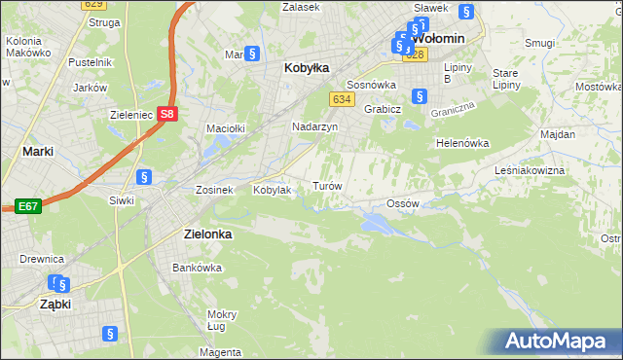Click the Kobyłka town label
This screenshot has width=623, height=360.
(306, 68)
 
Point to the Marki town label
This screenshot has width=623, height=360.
(37, 151)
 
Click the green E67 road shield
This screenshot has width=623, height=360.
(26, 206)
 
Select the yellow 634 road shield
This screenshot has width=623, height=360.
(341, 99)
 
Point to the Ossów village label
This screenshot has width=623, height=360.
(402, 203)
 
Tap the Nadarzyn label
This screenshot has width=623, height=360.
(314, 126)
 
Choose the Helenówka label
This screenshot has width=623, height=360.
(461, 143)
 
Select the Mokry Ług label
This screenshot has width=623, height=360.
(222, 319)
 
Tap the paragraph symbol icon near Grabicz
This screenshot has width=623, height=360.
(419, 95)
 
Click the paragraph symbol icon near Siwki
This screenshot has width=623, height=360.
(144, 177)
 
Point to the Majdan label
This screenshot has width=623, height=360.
(557, 133)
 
